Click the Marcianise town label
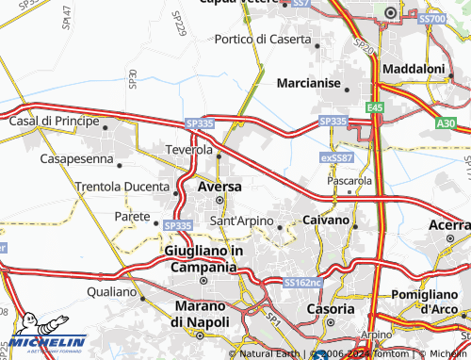tap(308, 83)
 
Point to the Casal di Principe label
tap(54, 122)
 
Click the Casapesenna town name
tap(76, 159)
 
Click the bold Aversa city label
tap(219, 187)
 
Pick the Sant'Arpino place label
tap(241, 221)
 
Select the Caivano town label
tap(326, 220)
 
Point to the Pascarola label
tap(349, 179)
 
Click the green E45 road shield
tap(376, 108)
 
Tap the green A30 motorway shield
tap(446, 123)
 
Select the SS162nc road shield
tap(302, 282)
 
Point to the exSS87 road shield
tap(335, 156)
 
